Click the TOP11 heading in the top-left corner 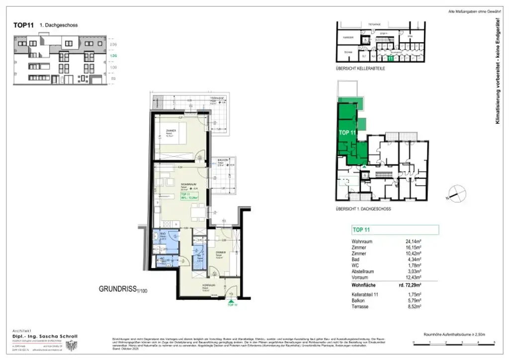point(24,25)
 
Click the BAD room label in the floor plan point(162,236)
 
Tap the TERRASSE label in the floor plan point(216,98)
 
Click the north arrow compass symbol point(456,193)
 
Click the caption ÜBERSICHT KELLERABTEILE point(361,68)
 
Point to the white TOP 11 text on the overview point(347,133)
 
